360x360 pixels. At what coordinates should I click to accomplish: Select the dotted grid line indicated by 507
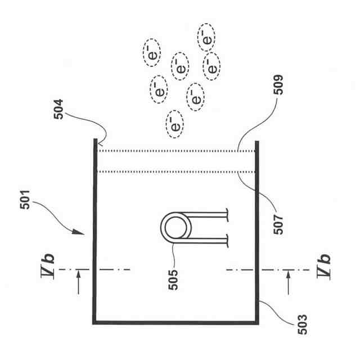[x=174, y=171]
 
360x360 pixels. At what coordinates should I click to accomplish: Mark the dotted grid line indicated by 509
[x=174, y=150]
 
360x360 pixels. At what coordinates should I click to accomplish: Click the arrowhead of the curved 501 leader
[x=83, y=232]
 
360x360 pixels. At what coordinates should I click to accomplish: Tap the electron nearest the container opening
[x=175, y=125]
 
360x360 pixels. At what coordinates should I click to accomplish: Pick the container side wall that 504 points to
[x=93, y=225]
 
